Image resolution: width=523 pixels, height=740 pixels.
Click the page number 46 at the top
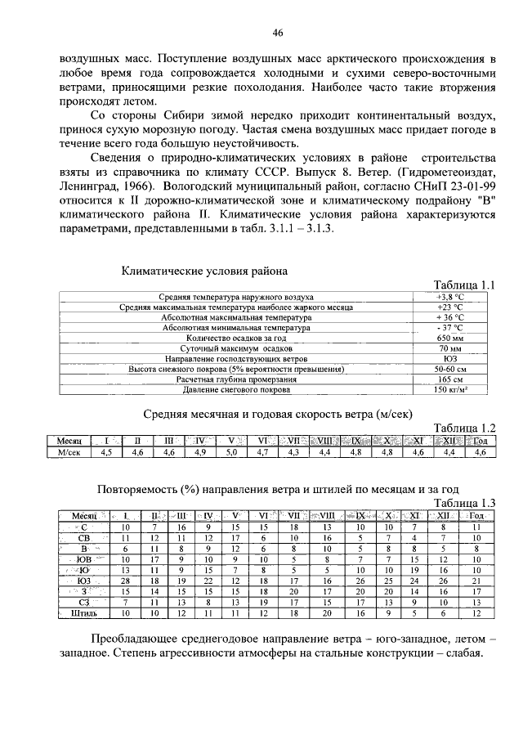coord(277,33)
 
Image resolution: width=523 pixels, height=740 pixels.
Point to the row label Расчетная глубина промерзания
coord(236,380)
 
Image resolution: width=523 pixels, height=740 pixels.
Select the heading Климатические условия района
coord(203,270)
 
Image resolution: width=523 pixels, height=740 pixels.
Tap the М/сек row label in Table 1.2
coord(74,451)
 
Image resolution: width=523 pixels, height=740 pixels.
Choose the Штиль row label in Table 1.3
coord(84,612)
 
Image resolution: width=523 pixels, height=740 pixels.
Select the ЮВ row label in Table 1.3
coord(84,558)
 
